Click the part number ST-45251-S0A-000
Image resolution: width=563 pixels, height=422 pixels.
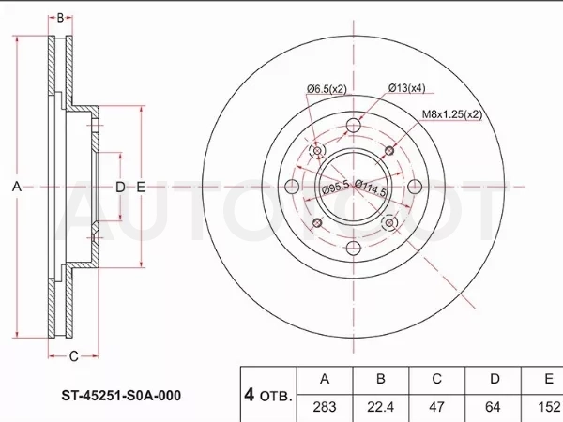(121, 396)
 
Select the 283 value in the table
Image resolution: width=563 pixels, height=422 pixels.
(325, 407)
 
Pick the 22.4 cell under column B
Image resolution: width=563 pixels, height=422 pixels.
(381, 407)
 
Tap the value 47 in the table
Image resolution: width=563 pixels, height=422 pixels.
(436, 407)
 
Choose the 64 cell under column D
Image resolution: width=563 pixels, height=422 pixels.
(493, 407)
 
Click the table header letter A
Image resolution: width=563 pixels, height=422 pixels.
(325, 379)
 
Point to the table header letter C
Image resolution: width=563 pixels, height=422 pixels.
(436, 379)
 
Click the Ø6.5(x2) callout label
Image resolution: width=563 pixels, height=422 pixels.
(327, 89)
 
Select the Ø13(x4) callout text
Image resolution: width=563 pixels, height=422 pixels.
(406, 87)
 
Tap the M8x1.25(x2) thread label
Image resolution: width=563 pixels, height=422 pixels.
(451, 114)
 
